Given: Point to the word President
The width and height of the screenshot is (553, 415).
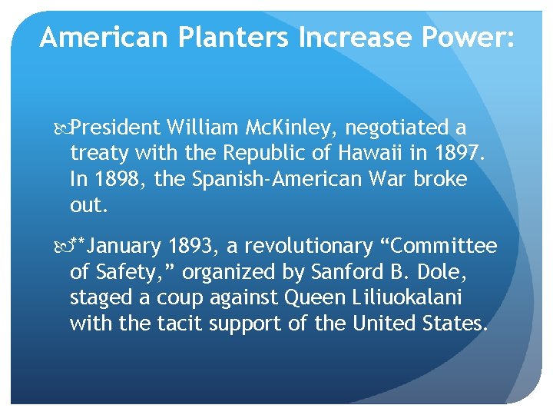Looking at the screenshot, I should [119, 126].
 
